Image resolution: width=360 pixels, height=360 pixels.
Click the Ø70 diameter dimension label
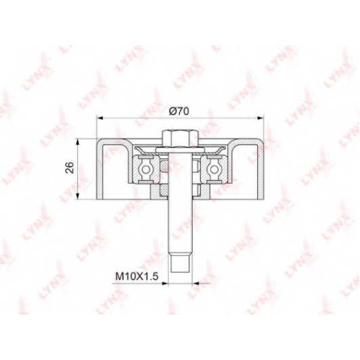pyautogui.click(x=179, y=111)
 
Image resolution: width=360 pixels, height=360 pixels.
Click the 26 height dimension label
pyautogui.click(x=70, y=168)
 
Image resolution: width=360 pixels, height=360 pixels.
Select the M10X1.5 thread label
pyautogui.click(x=137, y=276)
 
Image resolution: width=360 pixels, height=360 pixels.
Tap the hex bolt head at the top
pyautogui.click(x=180, y=138)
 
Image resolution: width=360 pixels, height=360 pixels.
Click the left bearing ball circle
pyautogui.click(x=145, y=169)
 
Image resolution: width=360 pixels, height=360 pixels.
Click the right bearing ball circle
pyautogui.click(x=213, y=169)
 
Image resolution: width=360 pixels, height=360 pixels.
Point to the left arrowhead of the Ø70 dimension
pyautogui.click(x=99, y=117)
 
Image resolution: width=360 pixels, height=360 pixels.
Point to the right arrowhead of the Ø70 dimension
pyautogui.click(x=261, y=117)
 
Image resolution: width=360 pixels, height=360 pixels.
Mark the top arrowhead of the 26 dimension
pyautogui.click(x=77, y=142)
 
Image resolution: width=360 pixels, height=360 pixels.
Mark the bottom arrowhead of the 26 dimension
pyautogui.click(x=77, y=196)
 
